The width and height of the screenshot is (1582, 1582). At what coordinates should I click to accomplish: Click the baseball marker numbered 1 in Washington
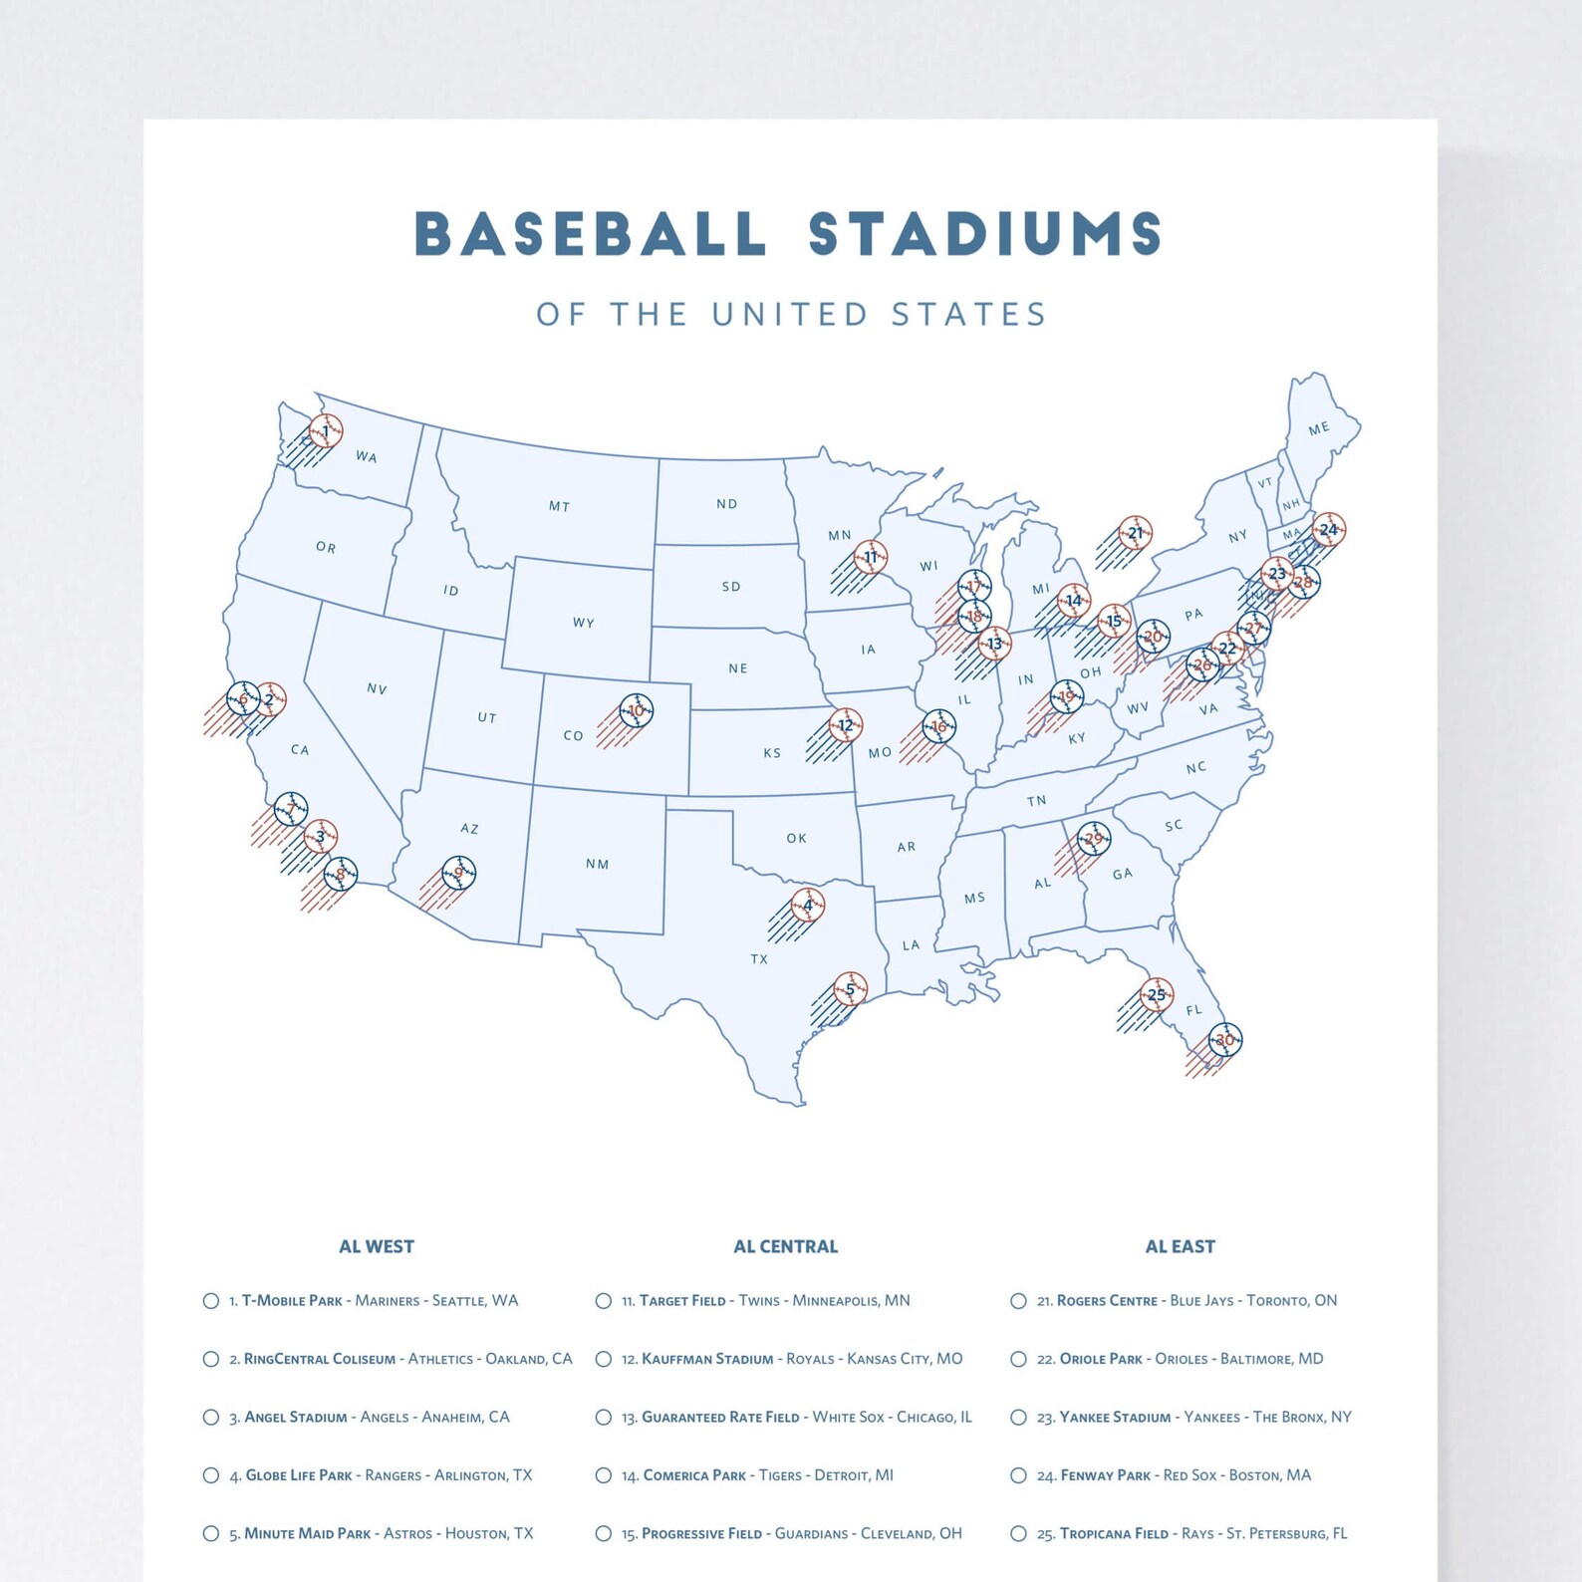click(x=326, y=431)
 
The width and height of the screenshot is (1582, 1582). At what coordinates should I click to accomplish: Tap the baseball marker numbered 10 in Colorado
click(x=636, y=710)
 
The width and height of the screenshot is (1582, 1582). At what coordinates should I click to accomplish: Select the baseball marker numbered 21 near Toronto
click(x=1135, y=533)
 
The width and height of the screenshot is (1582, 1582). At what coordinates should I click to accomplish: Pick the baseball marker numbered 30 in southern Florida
click(x=1224, y=1039)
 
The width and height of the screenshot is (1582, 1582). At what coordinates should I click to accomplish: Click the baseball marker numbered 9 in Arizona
click(x=458, y=873)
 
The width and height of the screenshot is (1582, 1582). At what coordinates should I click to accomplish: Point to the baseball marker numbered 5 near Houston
click(x=850, y=988)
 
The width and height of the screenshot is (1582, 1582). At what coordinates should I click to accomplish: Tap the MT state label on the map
click(x=559, y=506)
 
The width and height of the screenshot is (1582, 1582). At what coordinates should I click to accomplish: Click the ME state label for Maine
click(x=1318, y=428)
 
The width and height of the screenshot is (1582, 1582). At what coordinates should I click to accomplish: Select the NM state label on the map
click(x=597, y=864)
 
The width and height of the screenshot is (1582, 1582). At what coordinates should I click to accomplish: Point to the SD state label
click(x=731, y=587)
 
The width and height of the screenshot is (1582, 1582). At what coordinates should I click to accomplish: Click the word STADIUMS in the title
click(x=984, y=235)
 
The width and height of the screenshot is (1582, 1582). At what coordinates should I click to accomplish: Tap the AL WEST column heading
click(x=376, y=1246)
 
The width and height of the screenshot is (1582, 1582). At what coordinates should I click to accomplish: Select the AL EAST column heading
click(x=1180, y=1246)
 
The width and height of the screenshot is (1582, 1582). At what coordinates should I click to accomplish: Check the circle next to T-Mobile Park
click(x=211, y=1301)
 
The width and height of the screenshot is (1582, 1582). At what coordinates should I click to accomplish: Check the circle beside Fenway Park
click(x=1018, y=1475)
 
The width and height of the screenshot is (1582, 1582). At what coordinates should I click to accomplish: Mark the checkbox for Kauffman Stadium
click(x=603, y=1359)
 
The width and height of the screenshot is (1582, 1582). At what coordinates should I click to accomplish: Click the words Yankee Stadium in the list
click(x=1114, y=1417)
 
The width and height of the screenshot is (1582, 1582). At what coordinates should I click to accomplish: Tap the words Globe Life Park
click(x=298, y=1475)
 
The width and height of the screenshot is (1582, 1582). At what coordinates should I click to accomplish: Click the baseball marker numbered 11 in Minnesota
click(x=871, y=557)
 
